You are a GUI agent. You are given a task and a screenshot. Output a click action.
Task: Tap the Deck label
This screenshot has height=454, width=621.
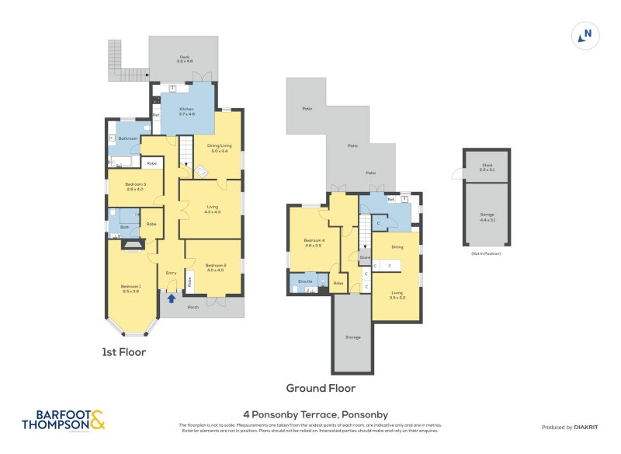pyautogui.click(x=185, y=58)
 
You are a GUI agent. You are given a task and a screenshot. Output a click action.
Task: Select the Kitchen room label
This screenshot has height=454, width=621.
pyautogui.click(x=187, y=111)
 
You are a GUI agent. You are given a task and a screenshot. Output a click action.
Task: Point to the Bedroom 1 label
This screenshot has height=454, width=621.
pyautogui.click(x=130, y=289)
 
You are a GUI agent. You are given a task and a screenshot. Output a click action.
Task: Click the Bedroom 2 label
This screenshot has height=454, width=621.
pyautogui.click(x=214, y=267)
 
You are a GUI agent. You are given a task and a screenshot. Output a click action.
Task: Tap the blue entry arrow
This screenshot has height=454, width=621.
pyautogui.click(x=171, y=298)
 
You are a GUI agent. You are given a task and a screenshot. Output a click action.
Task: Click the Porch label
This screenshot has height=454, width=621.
pyautogui.click(x=193, y=307)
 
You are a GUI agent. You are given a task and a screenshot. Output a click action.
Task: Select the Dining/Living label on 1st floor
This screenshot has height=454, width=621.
pyautogui.click(x=219, y=148)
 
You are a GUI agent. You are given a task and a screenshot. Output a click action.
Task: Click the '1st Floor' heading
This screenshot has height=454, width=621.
pyautogui.click(x=123, y=352)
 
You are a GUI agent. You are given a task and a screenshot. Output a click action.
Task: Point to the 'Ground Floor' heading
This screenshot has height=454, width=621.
pyautogui.click(x=321, y=388)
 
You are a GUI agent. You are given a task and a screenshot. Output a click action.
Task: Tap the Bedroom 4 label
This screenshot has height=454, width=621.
pyautogui.click(x=312, y=243)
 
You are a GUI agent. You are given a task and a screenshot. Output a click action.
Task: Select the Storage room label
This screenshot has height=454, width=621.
pyautogui.click(x=352, y=337)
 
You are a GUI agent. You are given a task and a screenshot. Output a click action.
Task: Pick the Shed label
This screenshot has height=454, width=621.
pyautogui.click(x=487, y=166)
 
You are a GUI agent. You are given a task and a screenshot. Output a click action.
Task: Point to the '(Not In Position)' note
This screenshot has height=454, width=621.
pyautogui.click(x=486, y=253)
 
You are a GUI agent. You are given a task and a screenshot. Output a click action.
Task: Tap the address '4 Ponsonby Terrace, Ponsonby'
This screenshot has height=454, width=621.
pyautogui.click(x=315, y=414)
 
